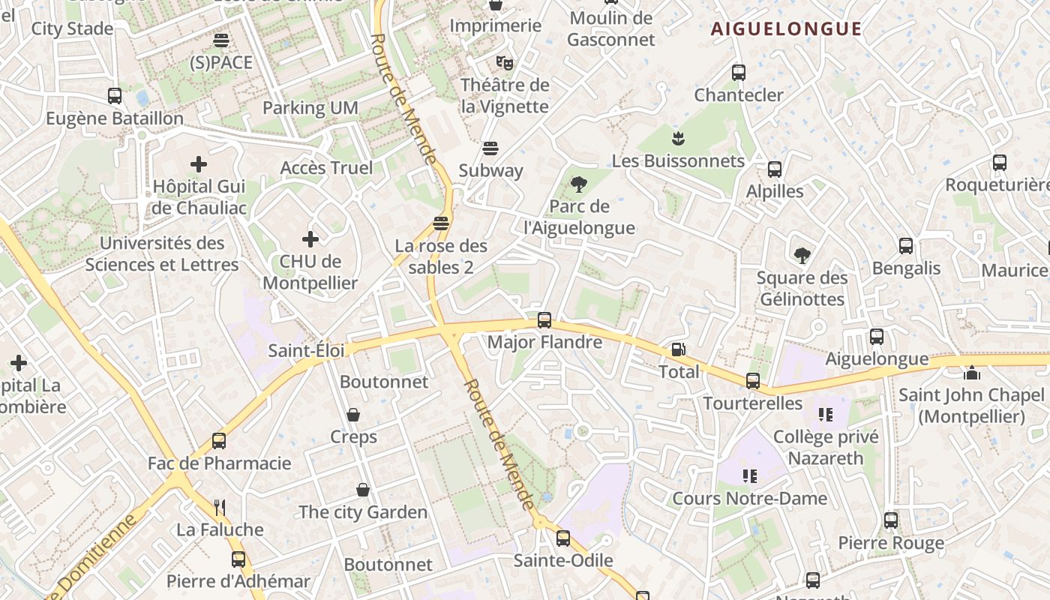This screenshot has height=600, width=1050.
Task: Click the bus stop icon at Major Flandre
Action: (544, 320)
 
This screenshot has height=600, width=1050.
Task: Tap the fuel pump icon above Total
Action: (678, 349)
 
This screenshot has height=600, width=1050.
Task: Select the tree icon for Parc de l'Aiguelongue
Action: (578, 184)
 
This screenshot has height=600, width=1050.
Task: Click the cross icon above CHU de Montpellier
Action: (310, 239)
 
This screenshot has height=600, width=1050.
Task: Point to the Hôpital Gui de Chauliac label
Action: (199, 196)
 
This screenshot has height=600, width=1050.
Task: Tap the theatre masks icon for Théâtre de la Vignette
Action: (504, 62)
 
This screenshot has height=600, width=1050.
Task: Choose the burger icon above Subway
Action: (490, 148)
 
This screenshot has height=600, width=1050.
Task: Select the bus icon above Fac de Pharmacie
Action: (219, 441)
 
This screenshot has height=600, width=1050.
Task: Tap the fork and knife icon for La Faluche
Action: (220, 508)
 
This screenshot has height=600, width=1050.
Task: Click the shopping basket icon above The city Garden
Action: (363, 490)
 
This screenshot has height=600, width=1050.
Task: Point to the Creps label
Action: (353, 436)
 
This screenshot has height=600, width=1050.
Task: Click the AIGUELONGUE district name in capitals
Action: (786, 29)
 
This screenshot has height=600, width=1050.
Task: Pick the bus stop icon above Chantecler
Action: (739, 73)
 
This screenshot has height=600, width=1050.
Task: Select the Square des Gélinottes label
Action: (802, 288)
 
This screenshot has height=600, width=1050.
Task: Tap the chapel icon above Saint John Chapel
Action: (972, 372)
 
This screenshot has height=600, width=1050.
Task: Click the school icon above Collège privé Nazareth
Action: (826, 415)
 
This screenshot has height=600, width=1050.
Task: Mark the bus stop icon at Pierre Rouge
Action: (891, 520)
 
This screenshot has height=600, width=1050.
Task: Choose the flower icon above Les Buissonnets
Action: (678, 138)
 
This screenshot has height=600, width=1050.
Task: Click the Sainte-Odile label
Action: (563, 560)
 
